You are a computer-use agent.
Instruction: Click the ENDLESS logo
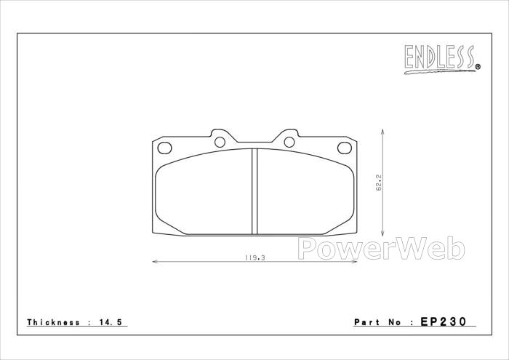(442, 60)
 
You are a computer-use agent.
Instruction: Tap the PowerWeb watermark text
(382, 249)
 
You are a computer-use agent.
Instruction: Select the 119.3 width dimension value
(254, 257)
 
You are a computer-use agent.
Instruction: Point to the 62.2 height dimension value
(379, 183)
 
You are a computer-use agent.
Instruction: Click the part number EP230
(444, 321)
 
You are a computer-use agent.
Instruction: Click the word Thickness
(53, 322)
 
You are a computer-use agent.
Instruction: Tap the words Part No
(377, 322)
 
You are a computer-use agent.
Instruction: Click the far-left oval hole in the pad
(164, 148)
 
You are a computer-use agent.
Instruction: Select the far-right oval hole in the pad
(345, 148)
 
